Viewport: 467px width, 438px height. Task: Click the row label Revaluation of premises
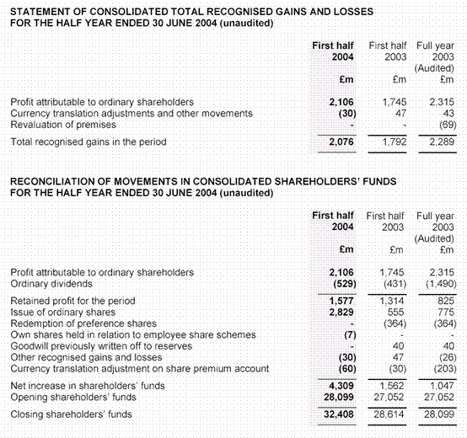62,124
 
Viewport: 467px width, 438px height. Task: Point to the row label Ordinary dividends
51,283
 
